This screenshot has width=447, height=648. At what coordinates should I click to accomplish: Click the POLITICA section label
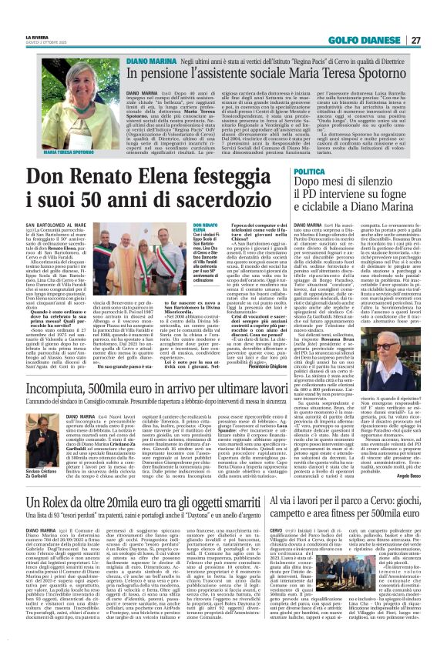click(310, 170)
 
